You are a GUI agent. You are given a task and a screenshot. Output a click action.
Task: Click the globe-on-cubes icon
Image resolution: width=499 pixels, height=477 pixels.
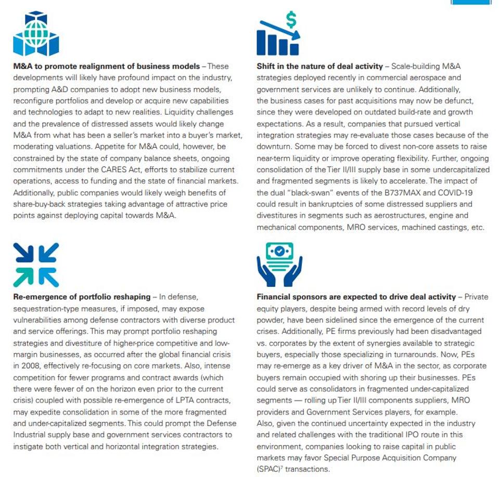click(36, 34)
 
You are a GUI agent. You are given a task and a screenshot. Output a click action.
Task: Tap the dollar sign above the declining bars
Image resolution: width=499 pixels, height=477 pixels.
click(291, 20)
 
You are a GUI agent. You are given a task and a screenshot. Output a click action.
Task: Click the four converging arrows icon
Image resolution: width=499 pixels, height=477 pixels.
click(36, 265)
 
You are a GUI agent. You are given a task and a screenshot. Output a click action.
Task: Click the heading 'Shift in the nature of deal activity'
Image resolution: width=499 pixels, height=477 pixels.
click(319, 67)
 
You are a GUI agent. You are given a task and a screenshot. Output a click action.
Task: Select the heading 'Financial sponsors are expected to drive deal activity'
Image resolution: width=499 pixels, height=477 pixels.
click(356, 297)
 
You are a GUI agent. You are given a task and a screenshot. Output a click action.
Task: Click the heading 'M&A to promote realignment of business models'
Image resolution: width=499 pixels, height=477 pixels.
click(106, 67)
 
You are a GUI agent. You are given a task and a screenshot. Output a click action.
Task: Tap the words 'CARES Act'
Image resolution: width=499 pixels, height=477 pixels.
click(128, 170)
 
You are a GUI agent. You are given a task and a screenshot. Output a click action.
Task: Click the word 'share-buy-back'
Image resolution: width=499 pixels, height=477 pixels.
click(41, 204)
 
